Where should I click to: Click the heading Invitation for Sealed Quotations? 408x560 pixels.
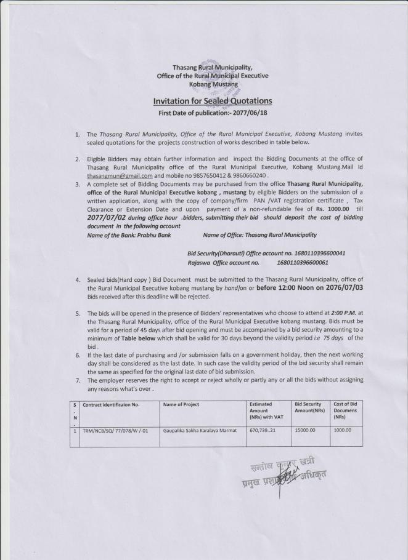tap(211, 101)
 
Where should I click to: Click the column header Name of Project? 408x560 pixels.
tap(182, 404)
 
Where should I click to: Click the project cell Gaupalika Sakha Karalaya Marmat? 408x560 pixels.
tap(200, 430)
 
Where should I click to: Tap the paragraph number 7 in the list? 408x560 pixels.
tap(78, 380)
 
